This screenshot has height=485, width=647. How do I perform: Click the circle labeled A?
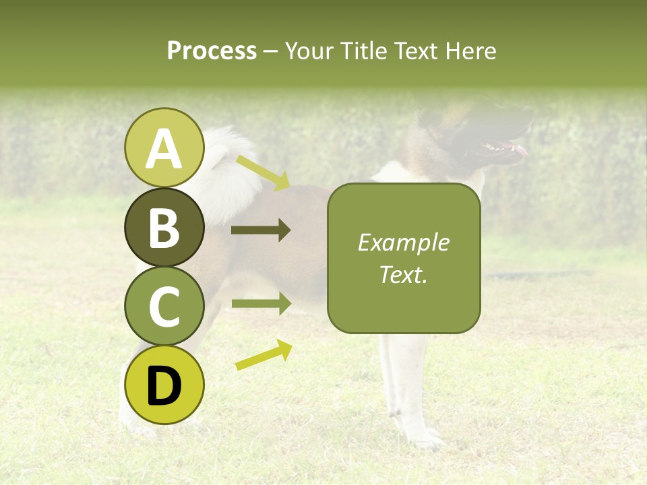tap(164, 148)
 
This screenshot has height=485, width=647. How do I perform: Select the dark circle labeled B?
tap(164, 227)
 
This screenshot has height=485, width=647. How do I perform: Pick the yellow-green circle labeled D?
tap(164, 385)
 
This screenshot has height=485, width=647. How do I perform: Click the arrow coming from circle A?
tap(263, 172)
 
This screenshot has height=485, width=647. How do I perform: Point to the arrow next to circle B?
tap(261, 230)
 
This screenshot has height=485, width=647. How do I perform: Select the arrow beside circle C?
tap(261, 304)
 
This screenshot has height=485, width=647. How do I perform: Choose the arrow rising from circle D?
tap(264, 355)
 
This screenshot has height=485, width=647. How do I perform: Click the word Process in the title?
tap(212, 51)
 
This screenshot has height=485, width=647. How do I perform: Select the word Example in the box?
tap(403, 243)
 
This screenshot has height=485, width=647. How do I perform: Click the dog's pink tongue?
tap(520, 150)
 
